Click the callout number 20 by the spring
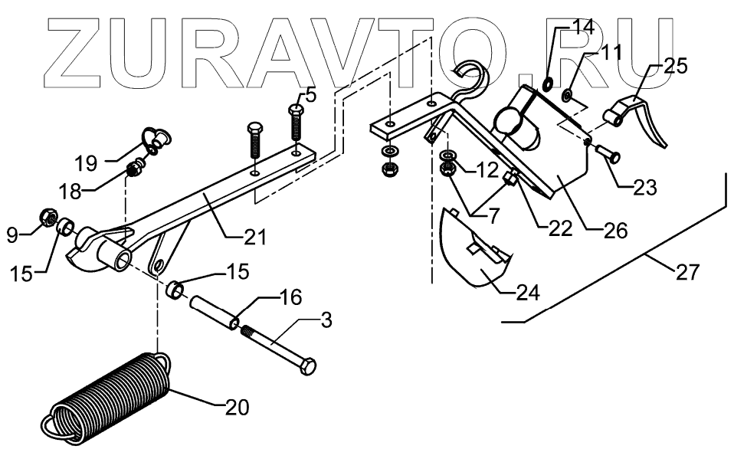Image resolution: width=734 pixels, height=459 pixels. click(x=238, y=408)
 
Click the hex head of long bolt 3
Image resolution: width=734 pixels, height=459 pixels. click(x=305, y=369)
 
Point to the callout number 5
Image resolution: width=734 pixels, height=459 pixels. click(x=310, y=95)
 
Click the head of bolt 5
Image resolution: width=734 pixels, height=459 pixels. click(x=297, y=110)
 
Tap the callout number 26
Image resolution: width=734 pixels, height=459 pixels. click(x=615, y=228)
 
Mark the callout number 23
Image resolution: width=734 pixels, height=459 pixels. click(x=646, y=187)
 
